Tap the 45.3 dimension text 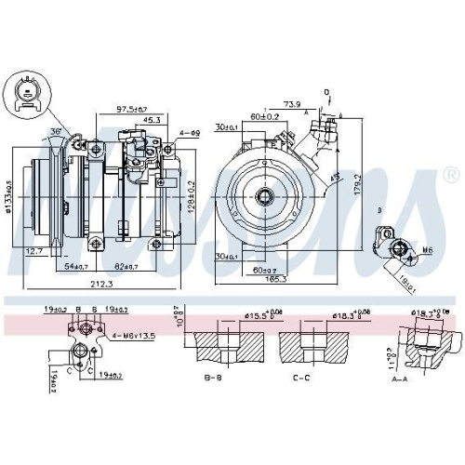[152, 120]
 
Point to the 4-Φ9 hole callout [190, 133]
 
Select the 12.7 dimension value [35, 250]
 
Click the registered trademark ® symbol [451, 175]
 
